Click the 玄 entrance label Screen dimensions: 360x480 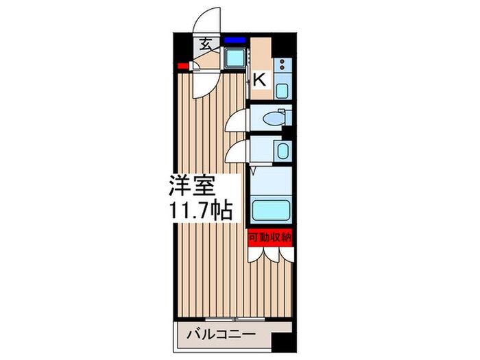click(x=206, y=45)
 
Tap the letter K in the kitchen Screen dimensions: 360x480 click(x=259, y=80)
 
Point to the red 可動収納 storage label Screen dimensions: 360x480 click(x=271, y=237)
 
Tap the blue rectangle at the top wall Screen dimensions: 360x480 click(x=233, y=40)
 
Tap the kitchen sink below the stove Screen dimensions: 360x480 click(x=283, y=88)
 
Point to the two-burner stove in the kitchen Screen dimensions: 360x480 click(x=283, y=67)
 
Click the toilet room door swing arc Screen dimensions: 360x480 click(x=237, y=117)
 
